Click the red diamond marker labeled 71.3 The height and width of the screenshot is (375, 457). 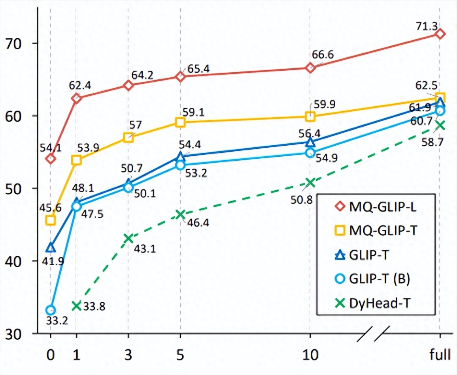tap(440, 34)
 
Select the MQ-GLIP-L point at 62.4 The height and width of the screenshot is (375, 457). tap(76, 98)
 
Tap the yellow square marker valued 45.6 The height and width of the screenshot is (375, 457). tap(51, 220)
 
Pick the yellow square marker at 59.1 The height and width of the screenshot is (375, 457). tap(180, 122)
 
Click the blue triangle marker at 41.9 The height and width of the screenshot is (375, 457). tap(51, 248)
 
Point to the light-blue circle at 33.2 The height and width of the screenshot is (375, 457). tap(51, 310)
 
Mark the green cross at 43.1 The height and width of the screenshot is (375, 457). tap(128, 238)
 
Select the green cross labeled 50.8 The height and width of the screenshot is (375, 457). tap(310, 183)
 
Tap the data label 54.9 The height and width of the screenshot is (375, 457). tap(326, 159)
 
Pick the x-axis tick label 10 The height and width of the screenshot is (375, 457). tap(310, 355)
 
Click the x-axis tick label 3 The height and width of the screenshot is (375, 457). tap(128, 355)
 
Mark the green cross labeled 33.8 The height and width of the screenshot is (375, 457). tap(76, 306)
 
